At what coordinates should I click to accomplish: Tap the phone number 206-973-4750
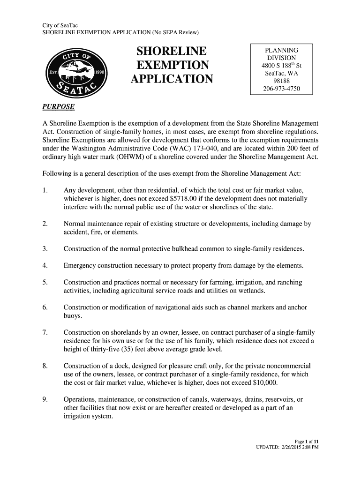(x=281, y=89)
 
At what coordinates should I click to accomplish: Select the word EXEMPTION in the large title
(x=171, y=65)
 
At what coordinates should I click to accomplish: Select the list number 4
(x=45, y=266)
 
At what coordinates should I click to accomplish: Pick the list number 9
(x=45, y=399)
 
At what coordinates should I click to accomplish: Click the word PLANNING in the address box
(x=281, y=50)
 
